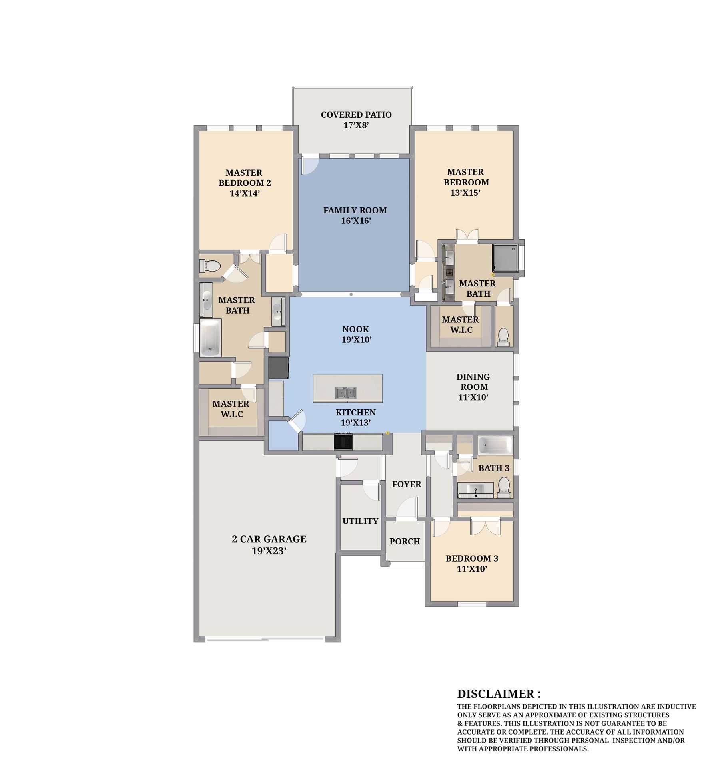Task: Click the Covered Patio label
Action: pyautogui.click(x=356, y=120)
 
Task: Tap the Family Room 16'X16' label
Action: pyautogui.click(x=355, y=215)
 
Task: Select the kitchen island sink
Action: pyautogui.click(x=346, y=393)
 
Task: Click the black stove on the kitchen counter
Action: pyautogui.click(x=343, y=441)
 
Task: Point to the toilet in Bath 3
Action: pyautogui.click(x=504, y=488)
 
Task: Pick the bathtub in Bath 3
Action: pyautogui.click(x=495, y=445)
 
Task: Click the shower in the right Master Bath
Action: pyautogui.click(x=505, y=258)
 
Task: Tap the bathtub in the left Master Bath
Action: pyautogui.click(x=210, y=337)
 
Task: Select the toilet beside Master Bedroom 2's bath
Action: pyautogui.click(x=210, y=266)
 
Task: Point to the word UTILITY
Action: pyautogui.click(x=360, y=521)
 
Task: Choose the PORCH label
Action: pyautogui.click(x=405, y=542)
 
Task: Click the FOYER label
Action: pyautogui.click(x=407, y=484)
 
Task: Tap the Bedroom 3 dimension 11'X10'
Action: pyautogui.click(x=472, y=569)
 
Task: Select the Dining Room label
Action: pyautogui.click(x=473, y=387)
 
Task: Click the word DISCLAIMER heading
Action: pyautogui.click(x=499, y=694)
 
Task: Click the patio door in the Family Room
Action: pyautogui.click(x=310, y=166)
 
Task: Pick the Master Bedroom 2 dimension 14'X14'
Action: pyautogui.click(x=245, y=193)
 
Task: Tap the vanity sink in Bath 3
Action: pyautogui.click(x=476, y=489)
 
